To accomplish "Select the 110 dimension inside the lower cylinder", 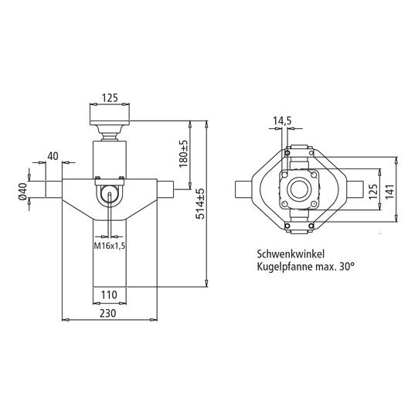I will [109, 294].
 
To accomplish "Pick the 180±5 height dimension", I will [184, 155].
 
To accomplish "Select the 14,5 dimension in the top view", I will [281, 121].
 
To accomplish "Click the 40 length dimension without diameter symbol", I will [53, 156].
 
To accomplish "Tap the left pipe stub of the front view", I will [52, 188].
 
